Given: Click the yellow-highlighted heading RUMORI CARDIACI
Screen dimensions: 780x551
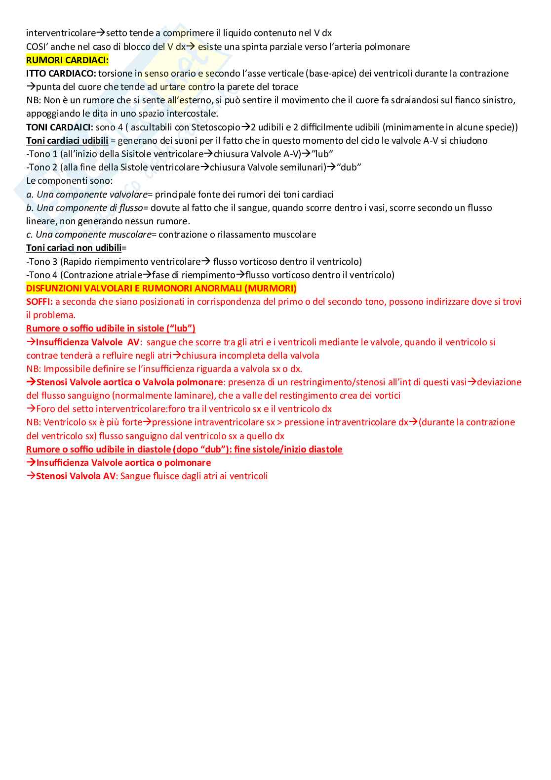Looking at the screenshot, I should tap(67, 60).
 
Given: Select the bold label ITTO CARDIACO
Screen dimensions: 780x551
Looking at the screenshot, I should tap(61, 74).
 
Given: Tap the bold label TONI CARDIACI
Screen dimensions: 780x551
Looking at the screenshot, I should tap(59, 127).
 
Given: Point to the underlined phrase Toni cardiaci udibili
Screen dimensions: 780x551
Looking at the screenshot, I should tap(67, 141).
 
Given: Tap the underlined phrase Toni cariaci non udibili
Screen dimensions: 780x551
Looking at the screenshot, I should tap(74, 248).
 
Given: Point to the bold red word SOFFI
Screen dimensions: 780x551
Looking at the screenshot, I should tap(39, 302).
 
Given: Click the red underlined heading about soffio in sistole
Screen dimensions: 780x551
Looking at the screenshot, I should tap(111, 328).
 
